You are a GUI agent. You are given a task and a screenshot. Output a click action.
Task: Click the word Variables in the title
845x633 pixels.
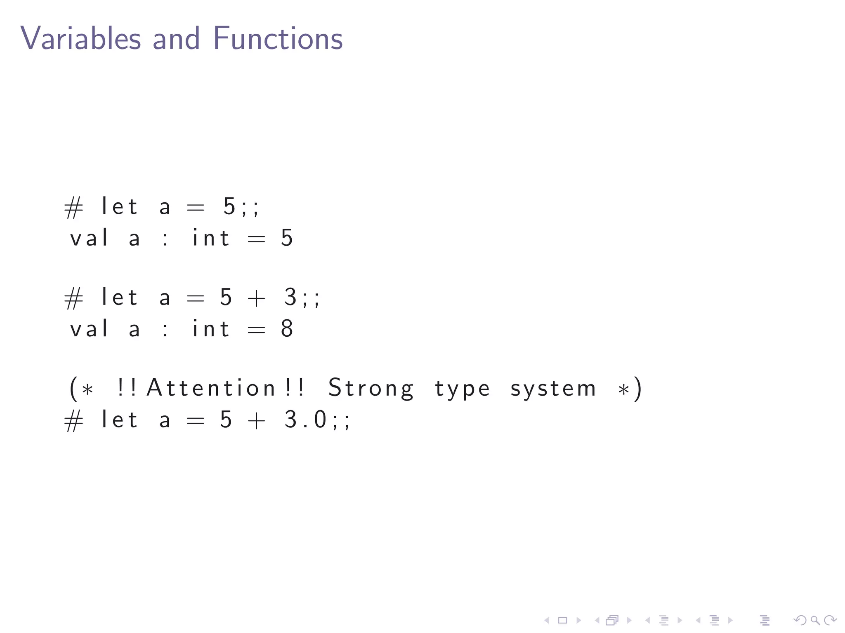click(80, 38)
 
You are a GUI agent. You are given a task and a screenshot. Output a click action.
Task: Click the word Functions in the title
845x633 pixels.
click(278, 38)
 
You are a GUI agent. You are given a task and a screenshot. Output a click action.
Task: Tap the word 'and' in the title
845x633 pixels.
click(176, 38)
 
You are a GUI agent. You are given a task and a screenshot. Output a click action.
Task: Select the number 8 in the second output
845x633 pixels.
click(287, 329)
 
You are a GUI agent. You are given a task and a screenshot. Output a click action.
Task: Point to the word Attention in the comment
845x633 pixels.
click(211, 388)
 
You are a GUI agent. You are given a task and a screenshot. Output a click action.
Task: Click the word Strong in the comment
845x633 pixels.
click(371, 388)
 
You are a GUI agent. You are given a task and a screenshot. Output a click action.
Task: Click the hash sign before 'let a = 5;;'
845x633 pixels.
click(74, 207)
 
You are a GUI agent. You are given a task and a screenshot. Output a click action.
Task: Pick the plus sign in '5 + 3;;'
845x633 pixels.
click(256, 298)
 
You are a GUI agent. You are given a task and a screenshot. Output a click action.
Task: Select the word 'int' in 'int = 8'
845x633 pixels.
click(211, 329)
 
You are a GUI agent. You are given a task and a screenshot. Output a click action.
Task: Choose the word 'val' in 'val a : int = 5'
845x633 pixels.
click(89, 238)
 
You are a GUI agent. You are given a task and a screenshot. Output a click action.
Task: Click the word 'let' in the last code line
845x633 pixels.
click(119, 420)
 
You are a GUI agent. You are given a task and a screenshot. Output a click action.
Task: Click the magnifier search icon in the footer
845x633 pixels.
click(815, 620)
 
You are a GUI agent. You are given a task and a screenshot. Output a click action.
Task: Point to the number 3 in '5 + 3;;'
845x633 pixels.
click(290, 297)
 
